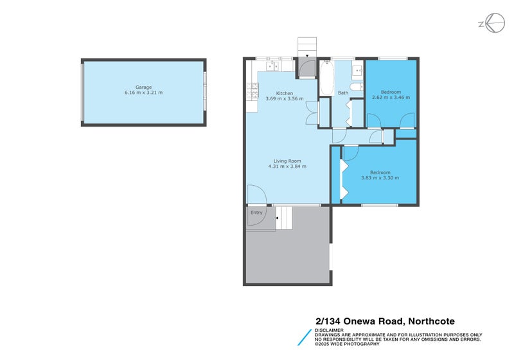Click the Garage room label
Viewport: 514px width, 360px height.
pyautogui.click(x=143, y=87)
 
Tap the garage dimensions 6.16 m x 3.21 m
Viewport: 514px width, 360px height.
pyautogui.click(x=143, y=93)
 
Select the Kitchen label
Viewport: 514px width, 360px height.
pyautogui.click(x=285, y=93)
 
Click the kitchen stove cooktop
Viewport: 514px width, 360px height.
pyautogui.click(x=248, y=93)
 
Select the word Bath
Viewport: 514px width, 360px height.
pyautogui.click(x=343, y=93)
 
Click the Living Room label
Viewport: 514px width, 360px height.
pyautogui.click(x=287, y=161)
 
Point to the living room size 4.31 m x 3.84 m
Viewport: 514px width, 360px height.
pyautogui.click(x=287, y=166)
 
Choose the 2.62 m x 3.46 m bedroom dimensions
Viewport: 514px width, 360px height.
pyautogui.click(x=391, y=97)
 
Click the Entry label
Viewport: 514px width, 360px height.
pyautogui.click(x=256, y=213)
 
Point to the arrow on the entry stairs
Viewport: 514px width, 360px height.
pyautogui.click(x=277, y=219)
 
